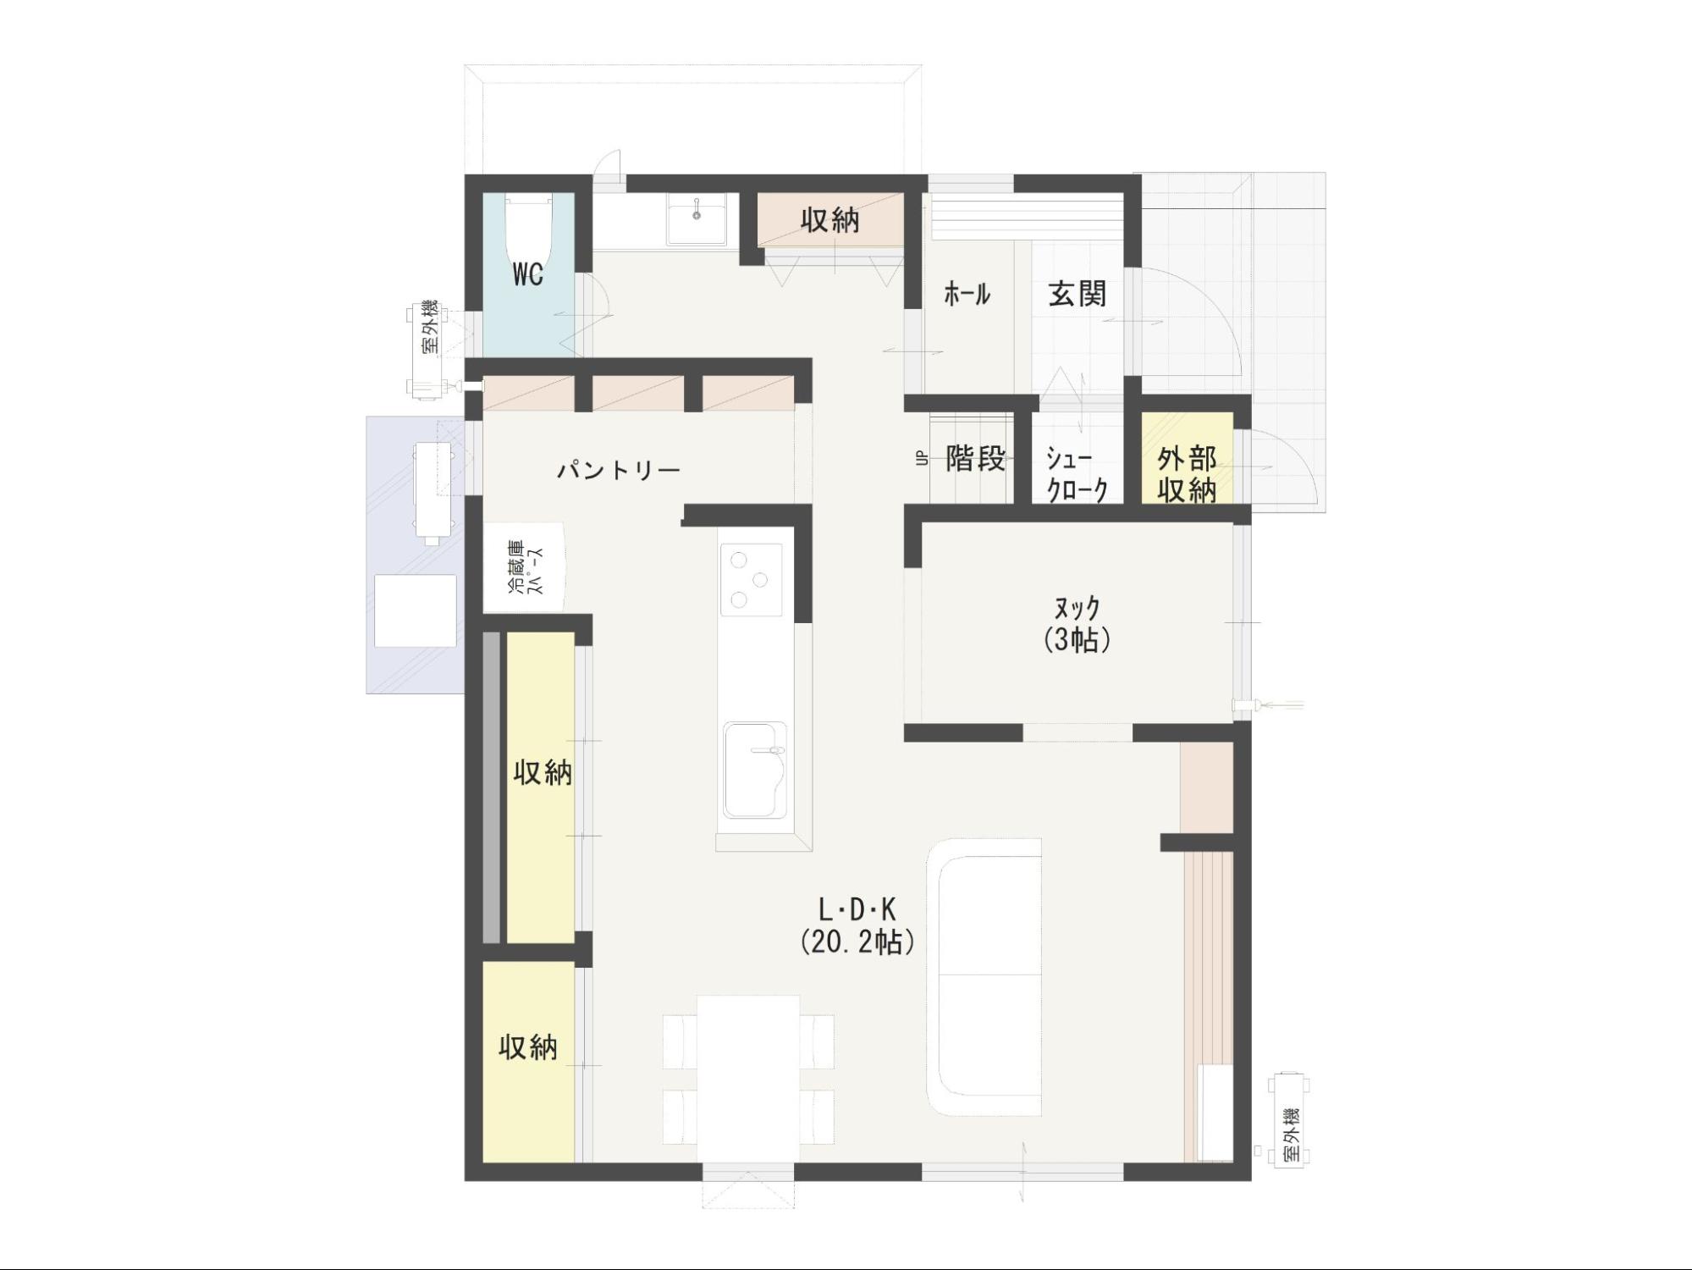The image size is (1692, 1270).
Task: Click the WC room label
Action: pyautogui.click(x=527, y=274)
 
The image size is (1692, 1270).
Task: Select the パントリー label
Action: pyautogui.click(x=619, y=470)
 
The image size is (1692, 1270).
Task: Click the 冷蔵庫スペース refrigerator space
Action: pyautogui.click(x=524, y=566)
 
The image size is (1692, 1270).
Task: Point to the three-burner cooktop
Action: pyautogui.click(x=751, y=579)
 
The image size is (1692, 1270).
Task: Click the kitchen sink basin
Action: pyautogui.click(x=754, y=770)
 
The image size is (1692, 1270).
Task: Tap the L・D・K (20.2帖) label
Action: pyautogui.click(x=857, y=925)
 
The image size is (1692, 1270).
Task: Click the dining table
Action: pyautogui.click(x=748, y=1079)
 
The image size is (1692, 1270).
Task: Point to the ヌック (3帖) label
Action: pyautogui.click(x=1077, y=623)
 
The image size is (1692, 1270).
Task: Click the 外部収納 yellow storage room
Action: pyautogui.click(x=1187, y=458)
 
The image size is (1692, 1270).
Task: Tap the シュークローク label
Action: pyautogui.click(x=1077, y=474)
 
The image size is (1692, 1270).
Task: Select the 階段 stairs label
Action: pyautogui.click(x=976, y=458)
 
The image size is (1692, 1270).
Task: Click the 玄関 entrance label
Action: pyautogui.click(x=1077, y=294)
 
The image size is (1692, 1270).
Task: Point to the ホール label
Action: pyautogui.click(x=967, y=294)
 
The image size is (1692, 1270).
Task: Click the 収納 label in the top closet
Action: pyautogui.click(x=830, y=220)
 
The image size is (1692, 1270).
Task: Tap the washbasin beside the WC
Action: pyautogui.click(x=697, y=219)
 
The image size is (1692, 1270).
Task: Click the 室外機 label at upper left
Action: pyautogui.click(x=430, y=327)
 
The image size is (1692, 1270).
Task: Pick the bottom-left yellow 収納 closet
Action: pyautogui.click(x=529, y=1062)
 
